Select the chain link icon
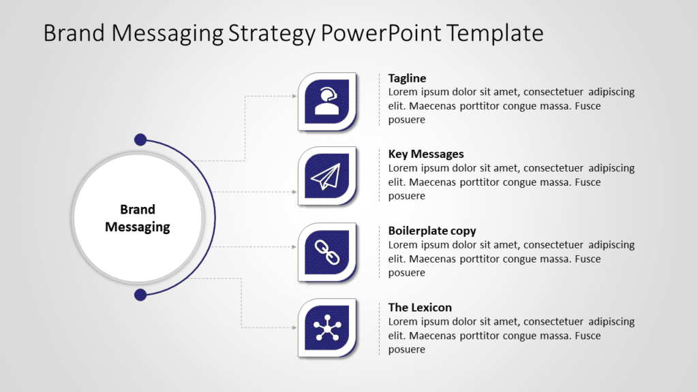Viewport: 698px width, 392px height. pos(327,252)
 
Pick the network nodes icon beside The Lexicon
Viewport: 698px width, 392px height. pos(327,329)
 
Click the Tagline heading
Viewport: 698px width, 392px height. pos(407,78)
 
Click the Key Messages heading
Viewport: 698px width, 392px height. pos(426,154)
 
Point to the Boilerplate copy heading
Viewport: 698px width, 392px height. pos(432,231)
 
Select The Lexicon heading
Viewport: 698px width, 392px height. pos(420,308)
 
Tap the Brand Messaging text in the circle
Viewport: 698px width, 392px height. pos(138,218)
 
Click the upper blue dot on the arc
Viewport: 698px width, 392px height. pos(140,140)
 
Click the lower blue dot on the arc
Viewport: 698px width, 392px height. pos(140,295)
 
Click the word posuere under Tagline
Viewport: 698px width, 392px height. pos(406,120)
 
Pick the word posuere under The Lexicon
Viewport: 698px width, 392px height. pos(406,350)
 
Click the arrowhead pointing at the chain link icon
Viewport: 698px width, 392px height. pos(294,247)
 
